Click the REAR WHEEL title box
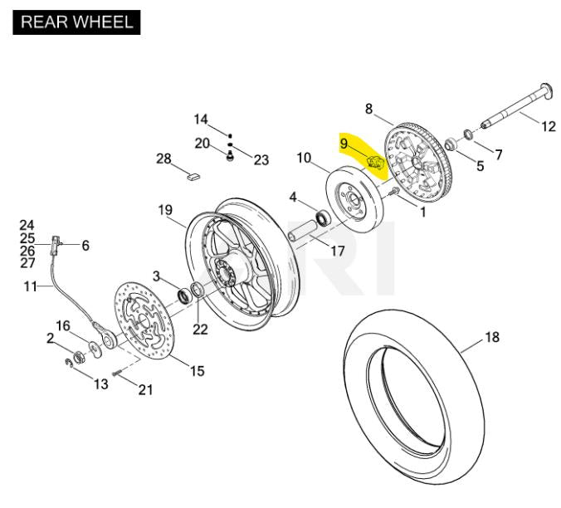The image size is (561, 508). [x=76, y=22]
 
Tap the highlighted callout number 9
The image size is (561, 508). [x=344, y=144]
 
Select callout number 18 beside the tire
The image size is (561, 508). [x=492, y=337]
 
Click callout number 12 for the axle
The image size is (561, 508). [x=549, y=126]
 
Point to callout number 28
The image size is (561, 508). [x=163, y=159]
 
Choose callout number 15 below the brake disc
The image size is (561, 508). [x=198, y=371]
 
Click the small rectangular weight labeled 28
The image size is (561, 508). [x=194, y=176]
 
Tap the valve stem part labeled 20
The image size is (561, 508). [x=231, y=156]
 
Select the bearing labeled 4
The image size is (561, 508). [x=323, y=217]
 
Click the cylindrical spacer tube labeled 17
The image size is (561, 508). [x=303, y=232]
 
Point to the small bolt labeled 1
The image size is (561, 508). [x=394, y=192]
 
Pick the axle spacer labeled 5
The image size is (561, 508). [x=451, y=144]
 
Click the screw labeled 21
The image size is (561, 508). [x=117, y=374]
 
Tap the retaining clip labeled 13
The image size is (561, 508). [x=69, y=363]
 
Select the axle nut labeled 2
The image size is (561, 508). [x=79, y=358]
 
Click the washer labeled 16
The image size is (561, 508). [x=95, y=349]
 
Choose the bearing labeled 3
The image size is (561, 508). [x=185, y=296]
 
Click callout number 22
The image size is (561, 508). [x=200, y=330]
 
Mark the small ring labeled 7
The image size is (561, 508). [x=468, y=134]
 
